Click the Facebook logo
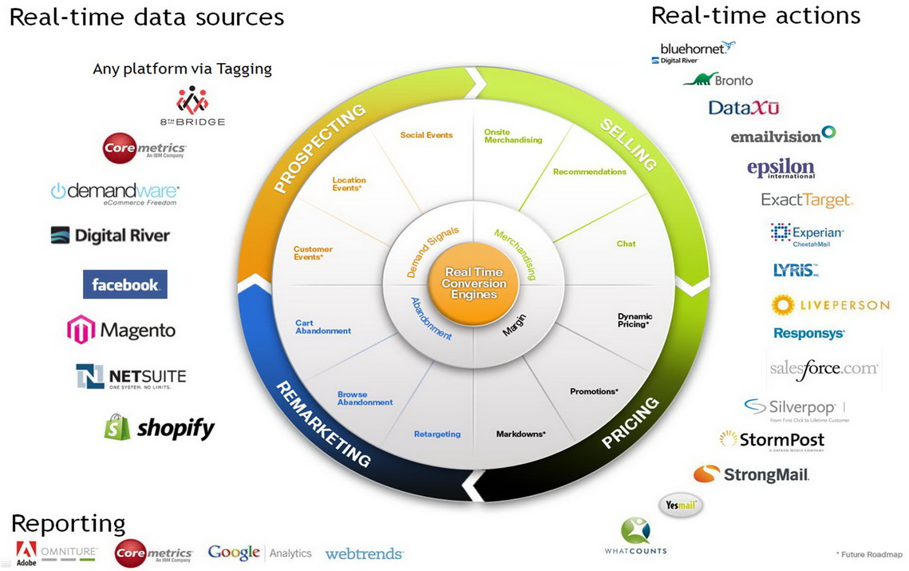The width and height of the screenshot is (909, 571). tap(124, 284)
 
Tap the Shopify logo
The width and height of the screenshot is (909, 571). tap(160, 427)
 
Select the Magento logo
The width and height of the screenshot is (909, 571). tap(121, 330)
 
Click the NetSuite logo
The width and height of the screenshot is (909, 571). tap(131, 376)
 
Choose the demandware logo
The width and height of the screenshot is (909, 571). tap(115, 192)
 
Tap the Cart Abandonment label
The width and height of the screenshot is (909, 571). tap(322, 327)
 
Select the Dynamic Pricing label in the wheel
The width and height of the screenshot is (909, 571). tap(634, 320)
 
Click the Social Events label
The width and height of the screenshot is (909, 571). tap(426, 136)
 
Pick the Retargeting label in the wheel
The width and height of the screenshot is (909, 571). tap(437, 434)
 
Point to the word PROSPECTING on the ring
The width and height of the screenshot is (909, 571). tap(319, 149)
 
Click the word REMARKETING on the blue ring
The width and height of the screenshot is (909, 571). tap(323, 423)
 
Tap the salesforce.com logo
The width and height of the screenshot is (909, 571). tap(824, 368)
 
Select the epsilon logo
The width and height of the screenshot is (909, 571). tap(781, 169)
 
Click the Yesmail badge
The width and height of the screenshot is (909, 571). tap(680, 505)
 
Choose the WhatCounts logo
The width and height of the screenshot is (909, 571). tap(635, 537)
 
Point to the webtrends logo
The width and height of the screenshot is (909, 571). tap(364, 553)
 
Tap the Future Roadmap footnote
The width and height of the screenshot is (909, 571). tap(869, 554)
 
